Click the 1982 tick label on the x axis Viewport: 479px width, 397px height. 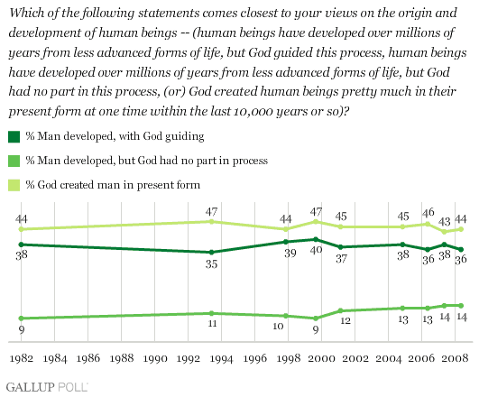tap(22, 358)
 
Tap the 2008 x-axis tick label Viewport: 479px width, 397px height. tap(455, 358)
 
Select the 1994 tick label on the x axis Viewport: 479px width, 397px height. tap(222, 358)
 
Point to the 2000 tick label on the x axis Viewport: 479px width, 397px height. tap(321, 358)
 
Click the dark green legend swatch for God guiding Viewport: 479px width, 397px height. tap(14, 136)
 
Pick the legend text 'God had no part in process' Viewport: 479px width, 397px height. tap(203, 161)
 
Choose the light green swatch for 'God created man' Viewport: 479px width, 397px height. tap(14, 185)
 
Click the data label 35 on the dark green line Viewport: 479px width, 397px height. tap(211, 263)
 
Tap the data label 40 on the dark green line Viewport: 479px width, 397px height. tap(317, 250)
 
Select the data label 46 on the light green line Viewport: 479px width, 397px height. tap(428, 212)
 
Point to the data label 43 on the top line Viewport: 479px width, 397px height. tap(444, 221)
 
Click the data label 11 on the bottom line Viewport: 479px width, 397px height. tap(212, 323)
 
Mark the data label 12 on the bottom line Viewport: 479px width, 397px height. tap(345, 320)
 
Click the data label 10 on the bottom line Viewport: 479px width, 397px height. tap(278, 326)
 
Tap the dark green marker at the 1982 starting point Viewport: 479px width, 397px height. tap(21, 245)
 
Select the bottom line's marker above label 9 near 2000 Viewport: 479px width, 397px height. tap(316, 319)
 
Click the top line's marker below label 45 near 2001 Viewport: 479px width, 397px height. tap(341, 226)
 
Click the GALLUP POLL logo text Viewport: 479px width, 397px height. tap(47, 387)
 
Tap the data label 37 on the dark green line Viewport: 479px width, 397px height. tap(341, 259)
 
